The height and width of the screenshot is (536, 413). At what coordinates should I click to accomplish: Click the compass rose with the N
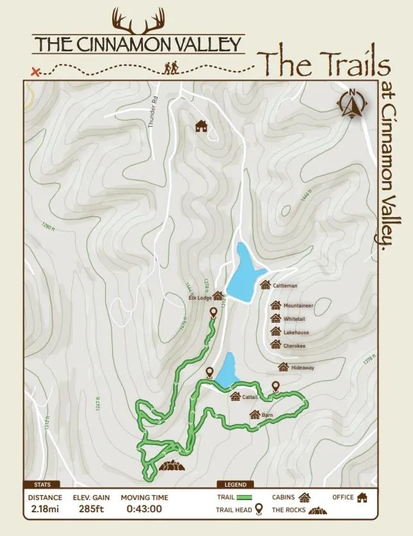click(352, 104)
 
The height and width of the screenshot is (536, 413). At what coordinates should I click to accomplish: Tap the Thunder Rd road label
click(153, 111)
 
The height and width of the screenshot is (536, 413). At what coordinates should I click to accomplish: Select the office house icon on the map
click(201, 126)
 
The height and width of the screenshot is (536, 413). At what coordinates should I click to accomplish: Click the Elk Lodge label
click(200, 298)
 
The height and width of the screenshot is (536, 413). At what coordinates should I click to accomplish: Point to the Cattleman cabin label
click(285, 286)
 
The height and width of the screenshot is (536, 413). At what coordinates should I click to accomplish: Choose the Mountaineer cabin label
click(298, 305)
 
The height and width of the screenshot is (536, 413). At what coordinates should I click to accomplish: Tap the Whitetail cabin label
click(294, 319)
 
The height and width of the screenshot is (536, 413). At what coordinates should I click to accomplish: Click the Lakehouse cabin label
click(296, 332)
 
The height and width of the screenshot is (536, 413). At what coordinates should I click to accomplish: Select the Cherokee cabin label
click(294, 346)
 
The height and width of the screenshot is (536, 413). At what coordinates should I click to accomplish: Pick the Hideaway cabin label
click(303, 368)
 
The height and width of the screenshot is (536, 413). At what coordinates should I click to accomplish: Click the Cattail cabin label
click(250, 397)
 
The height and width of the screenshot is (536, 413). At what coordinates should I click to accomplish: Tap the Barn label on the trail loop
click(267, 415)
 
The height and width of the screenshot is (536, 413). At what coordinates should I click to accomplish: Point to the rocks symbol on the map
click(171, 466)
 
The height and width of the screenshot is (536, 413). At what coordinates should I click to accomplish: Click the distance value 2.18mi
click(45, 510)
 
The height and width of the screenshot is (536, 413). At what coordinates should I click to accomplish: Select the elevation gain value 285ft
click(91, 510)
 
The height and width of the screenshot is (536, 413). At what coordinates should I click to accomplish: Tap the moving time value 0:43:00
click(144, 510)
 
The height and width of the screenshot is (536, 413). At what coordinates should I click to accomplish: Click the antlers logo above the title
click(138, 21)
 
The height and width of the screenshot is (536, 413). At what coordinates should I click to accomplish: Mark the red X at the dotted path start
click(36, 72)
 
